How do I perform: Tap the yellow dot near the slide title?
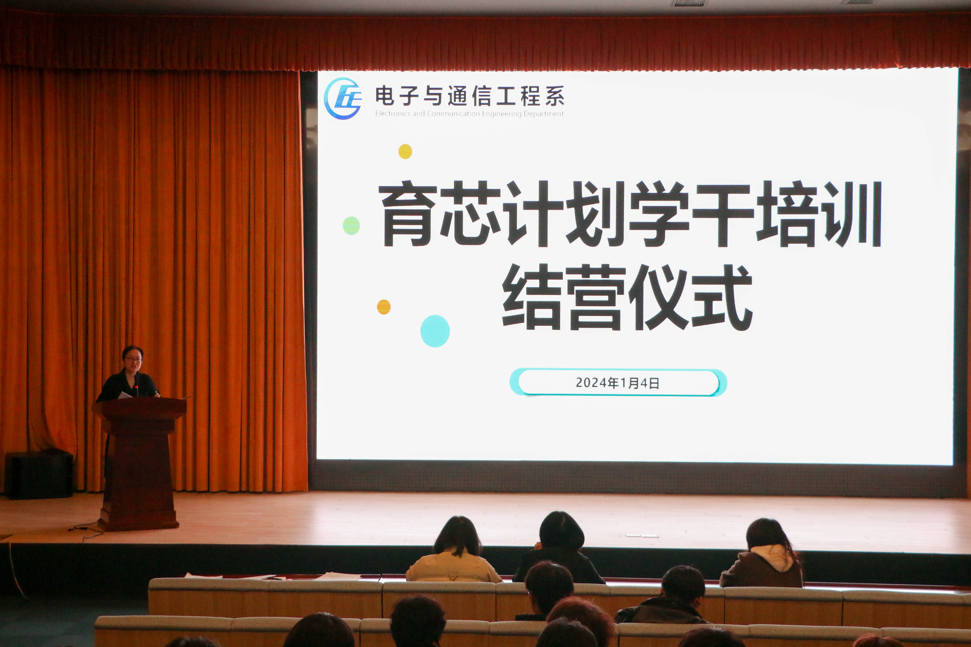[405, 151]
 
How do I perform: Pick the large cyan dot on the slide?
[435, 331]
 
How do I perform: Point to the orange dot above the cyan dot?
[383, 307]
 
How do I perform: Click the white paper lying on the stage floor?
[642, 536]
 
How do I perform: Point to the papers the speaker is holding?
[125, 395]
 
